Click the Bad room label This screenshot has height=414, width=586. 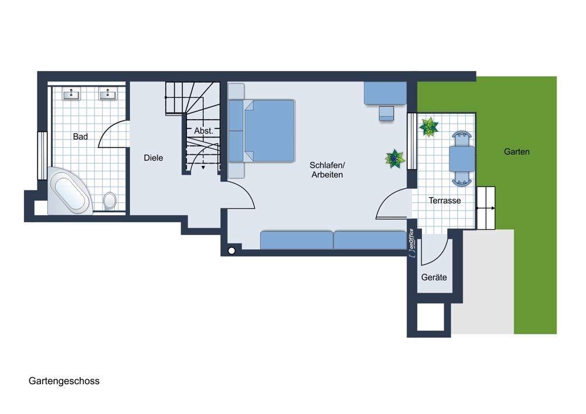tap(80, 137)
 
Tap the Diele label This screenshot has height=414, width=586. tap(153, 158)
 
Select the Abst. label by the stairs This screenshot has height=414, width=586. tap(203, 131)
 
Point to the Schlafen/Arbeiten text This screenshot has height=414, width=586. tap(328, 170)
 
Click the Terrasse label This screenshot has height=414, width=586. tap(445, 201)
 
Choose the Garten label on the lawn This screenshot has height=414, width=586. tap(516, 151)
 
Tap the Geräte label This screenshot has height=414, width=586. tap(434, 277)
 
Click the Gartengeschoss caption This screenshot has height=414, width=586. tap(64, 381)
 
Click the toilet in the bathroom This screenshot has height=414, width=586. tap(110, 201)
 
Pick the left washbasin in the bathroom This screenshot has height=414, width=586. tap(71, 94)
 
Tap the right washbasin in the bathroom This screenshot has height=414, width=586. tap(108, 94)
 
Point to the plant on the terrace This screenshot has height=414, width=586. tap(429, 127)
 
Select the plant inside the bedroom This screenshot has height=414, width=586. tap(394, 158)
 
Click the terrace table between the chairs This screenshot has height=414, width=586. tap(462, 158)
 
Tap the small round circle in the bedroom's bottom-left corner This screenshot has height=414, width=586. tap(231, 251)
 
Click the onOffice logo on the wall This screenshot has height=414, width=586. tap(411, 243)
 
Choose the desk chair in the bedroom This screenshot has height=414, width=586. tap(386, 113)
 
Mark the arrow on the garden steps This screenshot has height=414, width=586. tap(486, 208)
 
